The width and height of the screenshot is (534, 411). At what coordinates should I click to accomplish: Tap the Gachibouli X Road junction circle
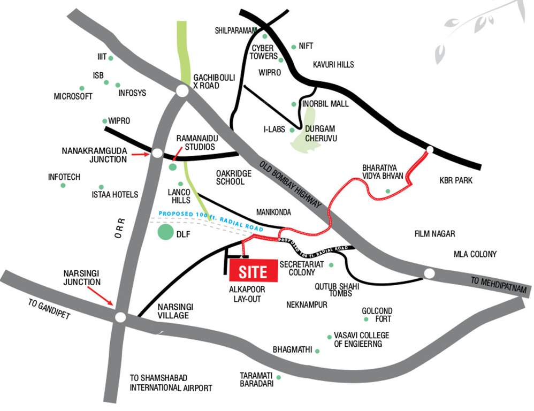(182, 92)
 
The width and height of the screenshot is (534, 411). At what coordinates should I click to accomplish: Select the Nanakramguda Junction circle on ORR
(157, 153)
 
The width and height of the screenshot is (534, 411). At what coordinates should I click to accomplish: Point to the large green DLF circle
(166, 233)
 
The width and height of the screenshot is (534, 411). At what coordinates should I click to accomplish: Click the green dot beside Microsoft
(82, 88)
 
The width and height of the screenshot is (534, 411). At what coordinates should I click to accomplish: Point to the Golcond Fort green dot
(366, 319)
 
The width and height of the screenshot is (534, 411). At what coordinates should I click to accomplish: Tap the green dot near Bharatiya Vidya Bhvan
(388, 191)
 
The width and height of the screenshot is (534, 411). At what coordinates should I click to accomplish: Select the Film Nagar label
(434, 234)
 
